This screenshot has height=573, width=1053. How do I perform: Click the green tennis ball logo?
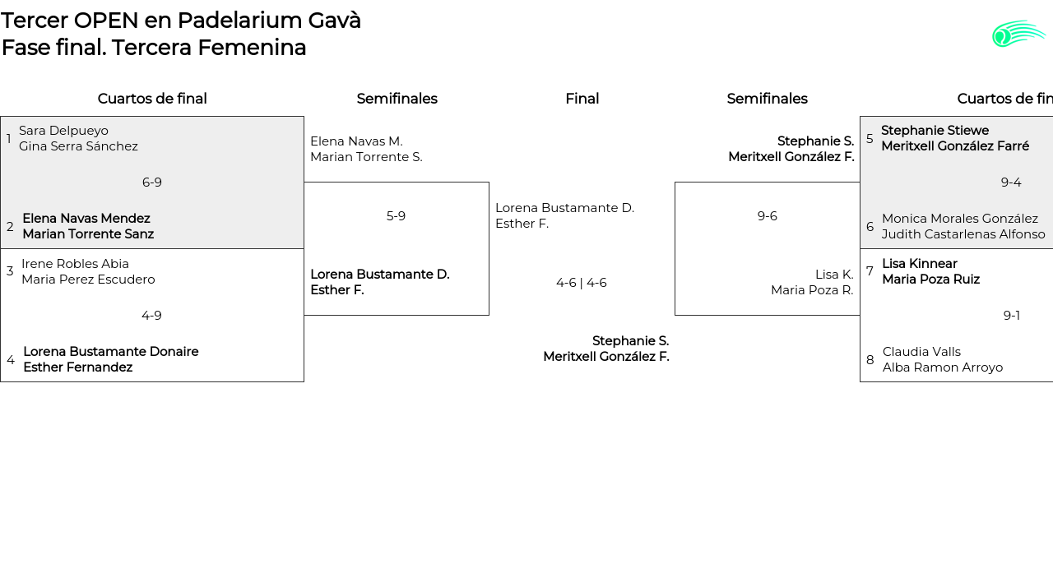(x=1018, y=34)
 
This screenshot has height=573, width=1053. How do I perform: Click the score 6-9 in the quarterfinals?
(x=152, y=183)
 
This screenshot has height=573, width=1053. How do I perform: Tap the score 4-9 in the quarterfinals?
(x=151, y=316)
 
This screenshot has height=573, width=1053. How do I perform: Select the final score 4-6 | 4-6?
(x=582, y=283)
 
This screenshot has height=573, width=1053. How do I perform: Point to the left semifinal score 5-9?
(x=396, y=216)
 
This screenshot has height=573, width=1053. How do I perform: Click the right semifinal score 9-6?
(x=768, y=216)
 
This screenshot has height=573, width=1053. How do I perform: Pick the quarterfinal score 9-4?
(x=1011, y=183)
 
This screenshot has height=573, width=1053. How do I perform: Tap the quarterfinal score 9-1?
(x=1012, y=316)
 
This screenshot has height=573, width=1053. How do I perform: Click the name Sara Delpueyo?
(x=63, y=131)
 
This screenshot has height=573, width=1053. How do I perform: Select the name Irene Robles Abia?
(x=75, y=264)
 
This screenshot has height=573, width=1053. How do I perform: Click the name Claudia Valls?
(x=921, y=352)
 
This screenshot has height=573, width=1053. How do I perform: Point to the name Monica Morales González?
(x=960, y=219)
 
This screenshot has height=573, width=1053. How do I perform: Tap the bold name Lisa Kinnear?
(x=920, y=264)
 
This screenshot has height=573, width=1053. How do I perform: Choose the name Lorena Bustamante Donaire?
(x=111, y=352)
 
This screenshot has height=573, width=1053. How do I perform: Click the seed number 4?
(x=11, y=360)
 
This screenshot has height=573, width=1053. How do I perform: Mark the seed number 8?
(x=870, y=360)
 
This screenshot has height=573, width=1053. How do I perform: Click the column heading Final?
(x=582, y=99)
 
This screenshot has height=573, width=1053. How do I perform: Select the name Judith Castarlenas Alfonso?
(x=963, y=234)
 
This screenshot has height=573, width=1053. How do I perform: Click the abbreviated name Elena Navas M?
(x=356, y=141)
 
